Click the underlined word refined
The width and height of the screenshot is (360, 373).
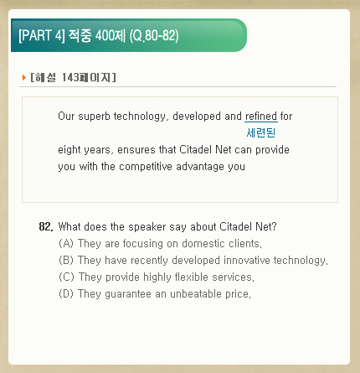click(x=261, y=116)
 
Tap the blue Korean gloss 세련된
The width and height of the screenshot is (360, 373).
click(x=261, y=132)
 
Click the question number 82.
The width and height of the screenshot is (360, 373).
click(x=46, y=226)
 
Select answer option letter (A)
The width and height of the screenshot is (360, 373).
click(x=66, y=243)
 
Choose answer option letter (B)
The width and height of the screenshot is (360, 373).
click(x=66, y=260)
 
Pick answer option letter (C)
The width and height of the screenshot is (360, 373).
click(x=66, y=277)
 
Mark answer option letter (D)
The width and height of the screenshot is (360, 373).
click(x=66, y=293)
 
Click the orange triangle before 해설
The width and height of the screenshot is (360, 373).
click(x=24, y=77)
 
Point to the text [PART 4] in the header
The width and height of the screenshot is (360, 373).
click(x=42, y=35)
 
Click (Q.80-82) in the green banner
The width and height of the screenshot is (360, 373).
click(x=154, y=36)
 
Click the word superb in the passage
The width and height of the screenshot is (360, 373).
click(x=95, y=117)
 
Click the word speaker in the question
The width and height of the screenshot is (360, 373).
click(x=147, y=227)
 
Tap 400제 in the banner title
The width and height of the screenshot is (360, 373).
click(x=111, y=35)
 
